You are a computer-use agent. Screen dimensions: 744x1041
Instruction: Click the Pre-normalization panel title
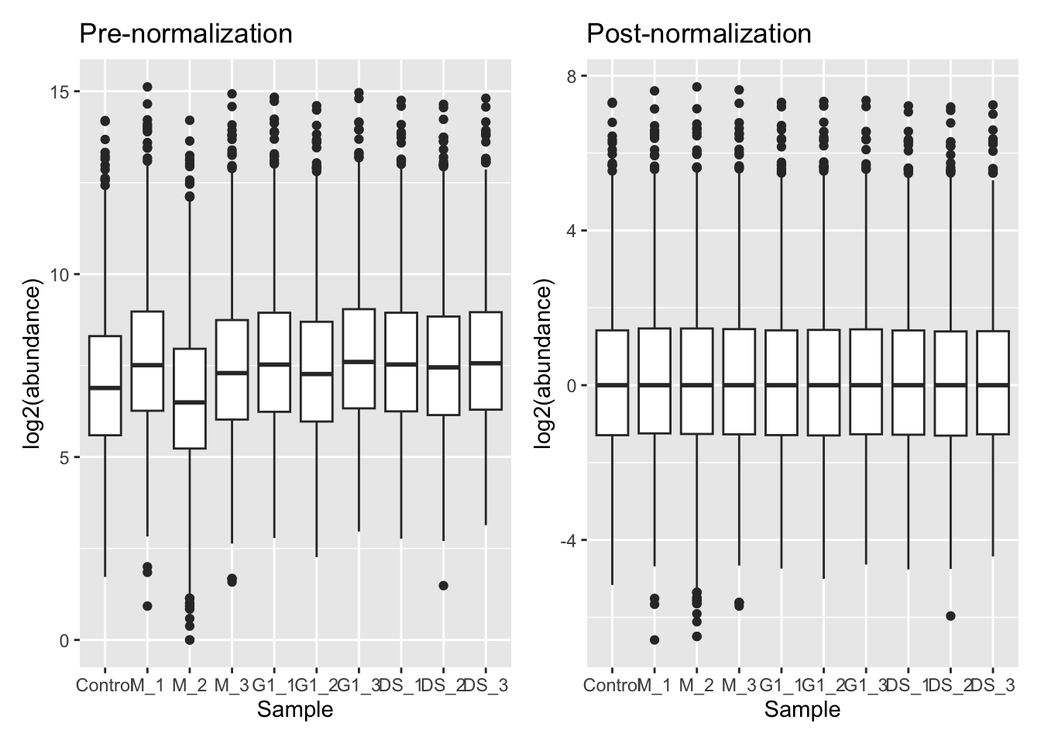[186, 34]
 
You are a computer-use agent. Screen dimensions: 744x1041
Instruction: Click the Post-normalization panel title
[699, 34]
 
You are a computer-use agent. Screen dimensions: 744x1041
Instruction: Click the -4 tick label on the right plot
[569, 540]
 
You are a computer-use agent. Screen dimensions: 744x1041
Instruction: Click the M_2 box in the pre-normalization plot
[189, 398]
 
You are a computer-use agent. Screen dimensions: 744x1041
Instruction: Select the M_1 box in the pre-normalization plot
[147, 360]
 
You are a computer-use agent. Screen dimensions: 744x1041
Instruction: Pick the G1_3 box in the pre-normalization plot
[359, 358]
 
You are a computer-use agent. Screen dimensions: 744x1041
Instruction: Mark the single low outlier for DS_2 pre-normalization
[443, 585]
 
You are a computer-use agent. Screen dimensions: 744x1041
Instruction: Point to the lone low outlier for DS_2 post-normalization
[950, 616]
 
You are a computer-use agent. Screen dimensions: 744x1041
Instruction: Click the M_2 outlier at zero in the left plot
[189, 640]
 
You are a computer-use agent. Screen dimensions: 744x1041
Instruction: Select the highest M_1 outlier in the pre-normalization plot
[147, 87]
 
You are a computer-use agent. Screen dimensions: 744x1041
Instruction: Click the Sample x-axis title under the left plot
[295, 709]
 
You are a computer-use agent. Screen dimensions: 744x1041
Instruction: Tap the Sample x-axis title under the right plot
[802, 709]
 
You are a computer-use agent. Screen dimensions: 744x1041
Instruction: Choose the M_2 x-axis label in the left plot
[189, 686]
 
